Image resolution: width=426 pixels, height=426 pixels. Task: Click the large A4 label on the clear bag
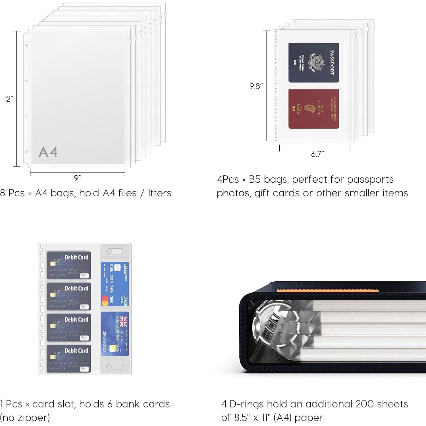[x=48, y=152]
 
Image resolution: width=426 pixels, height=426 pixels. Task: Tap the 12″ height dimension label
[x=8, y=99]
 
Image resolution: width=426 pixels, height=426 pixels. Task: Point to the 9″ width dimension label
[x=78, y=178]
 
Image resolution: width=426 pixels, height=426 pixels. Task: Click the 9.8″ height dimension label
[x=256, y=86]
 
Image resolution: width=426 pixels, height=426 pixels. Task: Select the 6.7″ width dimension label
[x=317, y=154]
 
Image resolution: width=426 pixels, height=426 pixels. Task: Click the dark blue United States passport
[x=313, y=63]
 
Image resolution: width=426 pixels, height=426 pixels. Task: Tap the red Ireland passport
[x=313, y=109]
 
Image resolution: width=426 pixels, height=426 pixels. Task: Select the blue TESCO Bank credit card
[x=115, y=284]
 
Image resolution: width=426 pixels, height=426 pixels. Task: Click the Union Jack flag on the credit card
[x=123, y=321]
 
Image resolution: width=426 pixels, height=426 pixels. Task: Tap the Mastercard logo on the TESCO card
[x=105, y=301]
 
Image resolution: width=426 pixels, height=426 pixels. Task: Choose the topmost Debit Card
[x=69, y=265]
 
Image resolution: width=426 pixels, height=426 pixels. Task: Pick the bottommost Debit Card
[x=69, y=358]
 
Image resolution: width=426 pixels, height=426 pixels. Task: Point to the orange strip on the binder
[x=327, y=290]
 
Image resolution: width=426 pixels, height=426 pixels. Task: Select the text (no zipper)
[x=25, y=417]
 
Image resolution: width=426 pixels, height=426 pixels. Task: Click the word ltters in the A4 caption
[x=159, y=193]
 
